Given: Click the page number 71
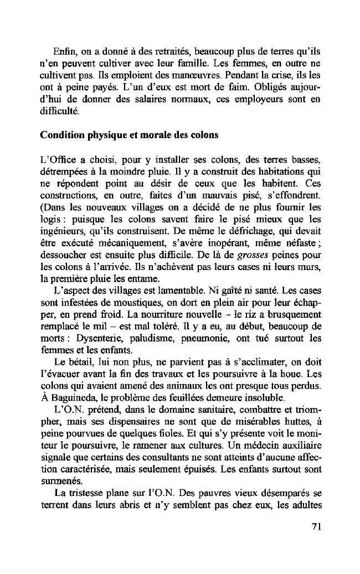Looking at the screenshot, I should pos(316,526).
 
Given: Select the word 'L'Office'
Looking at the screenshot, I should pos(58,161).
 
